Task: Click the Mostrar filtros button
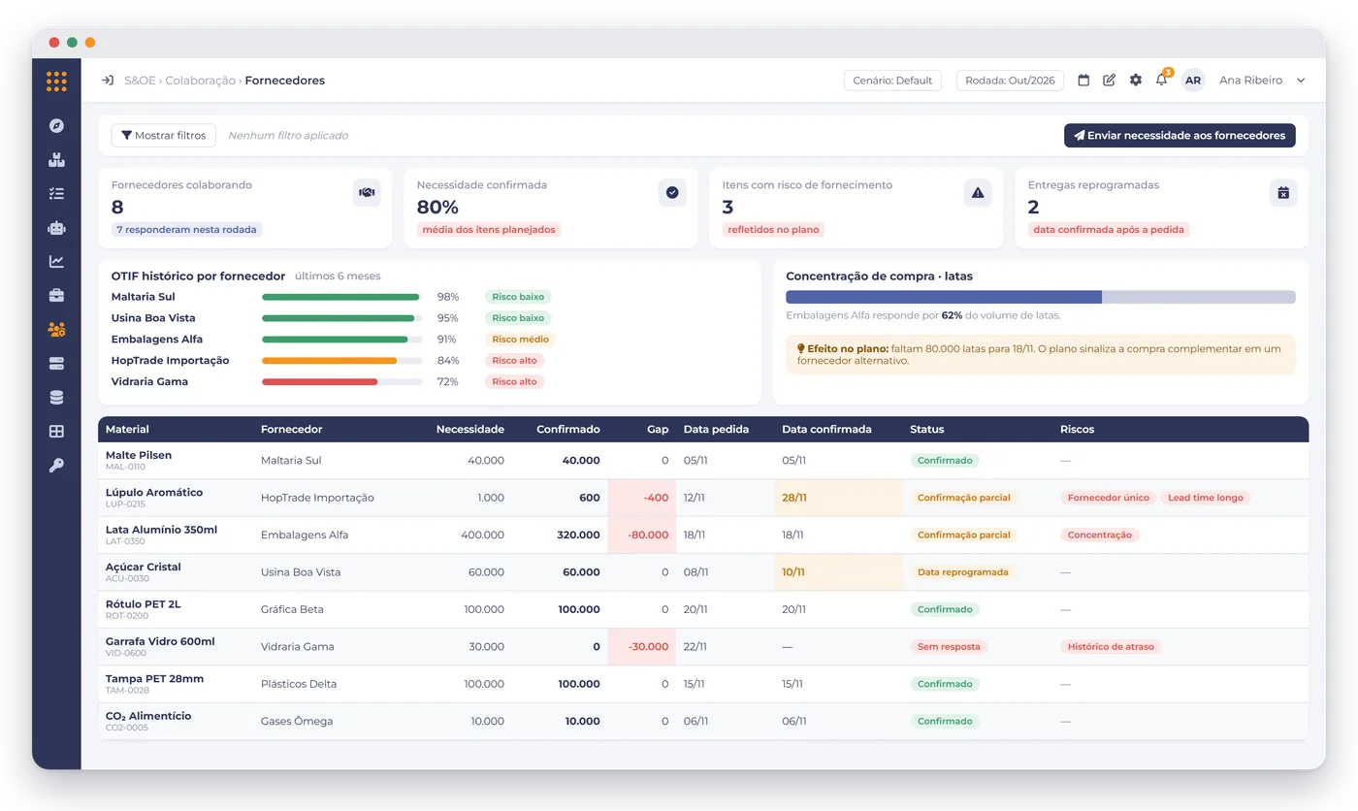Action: click(164, 135)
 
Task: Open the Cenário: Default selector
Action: click(892, 80)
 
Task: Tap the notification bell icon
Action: click(1161, 80)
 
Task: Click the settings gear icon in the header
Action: click(1136, 80)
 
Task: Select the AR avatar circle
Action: click(1192, 80)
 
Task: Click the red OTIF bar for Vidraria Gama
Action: click(319, 382)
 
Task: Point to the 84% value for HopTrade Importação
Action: click(448, 361)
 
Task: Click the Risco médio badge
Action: click(520, 340)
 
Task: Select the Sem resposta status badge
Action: click(949, 647)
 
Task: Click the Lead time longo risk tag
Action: click(1205, 498)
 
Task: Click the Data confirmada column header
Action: click(826, 429)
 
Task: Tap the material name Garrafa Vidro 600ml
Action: click(160, 641)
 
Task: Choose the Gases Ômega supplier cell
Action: click(297, 722)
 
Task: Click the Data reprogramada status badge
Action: click(962, 572)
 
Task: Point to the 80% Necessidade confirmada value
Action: click(437, 208)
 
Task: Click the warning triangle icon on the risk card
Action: click(978, 193)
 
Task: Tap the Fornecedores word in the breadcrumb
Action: click(285, 80)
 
